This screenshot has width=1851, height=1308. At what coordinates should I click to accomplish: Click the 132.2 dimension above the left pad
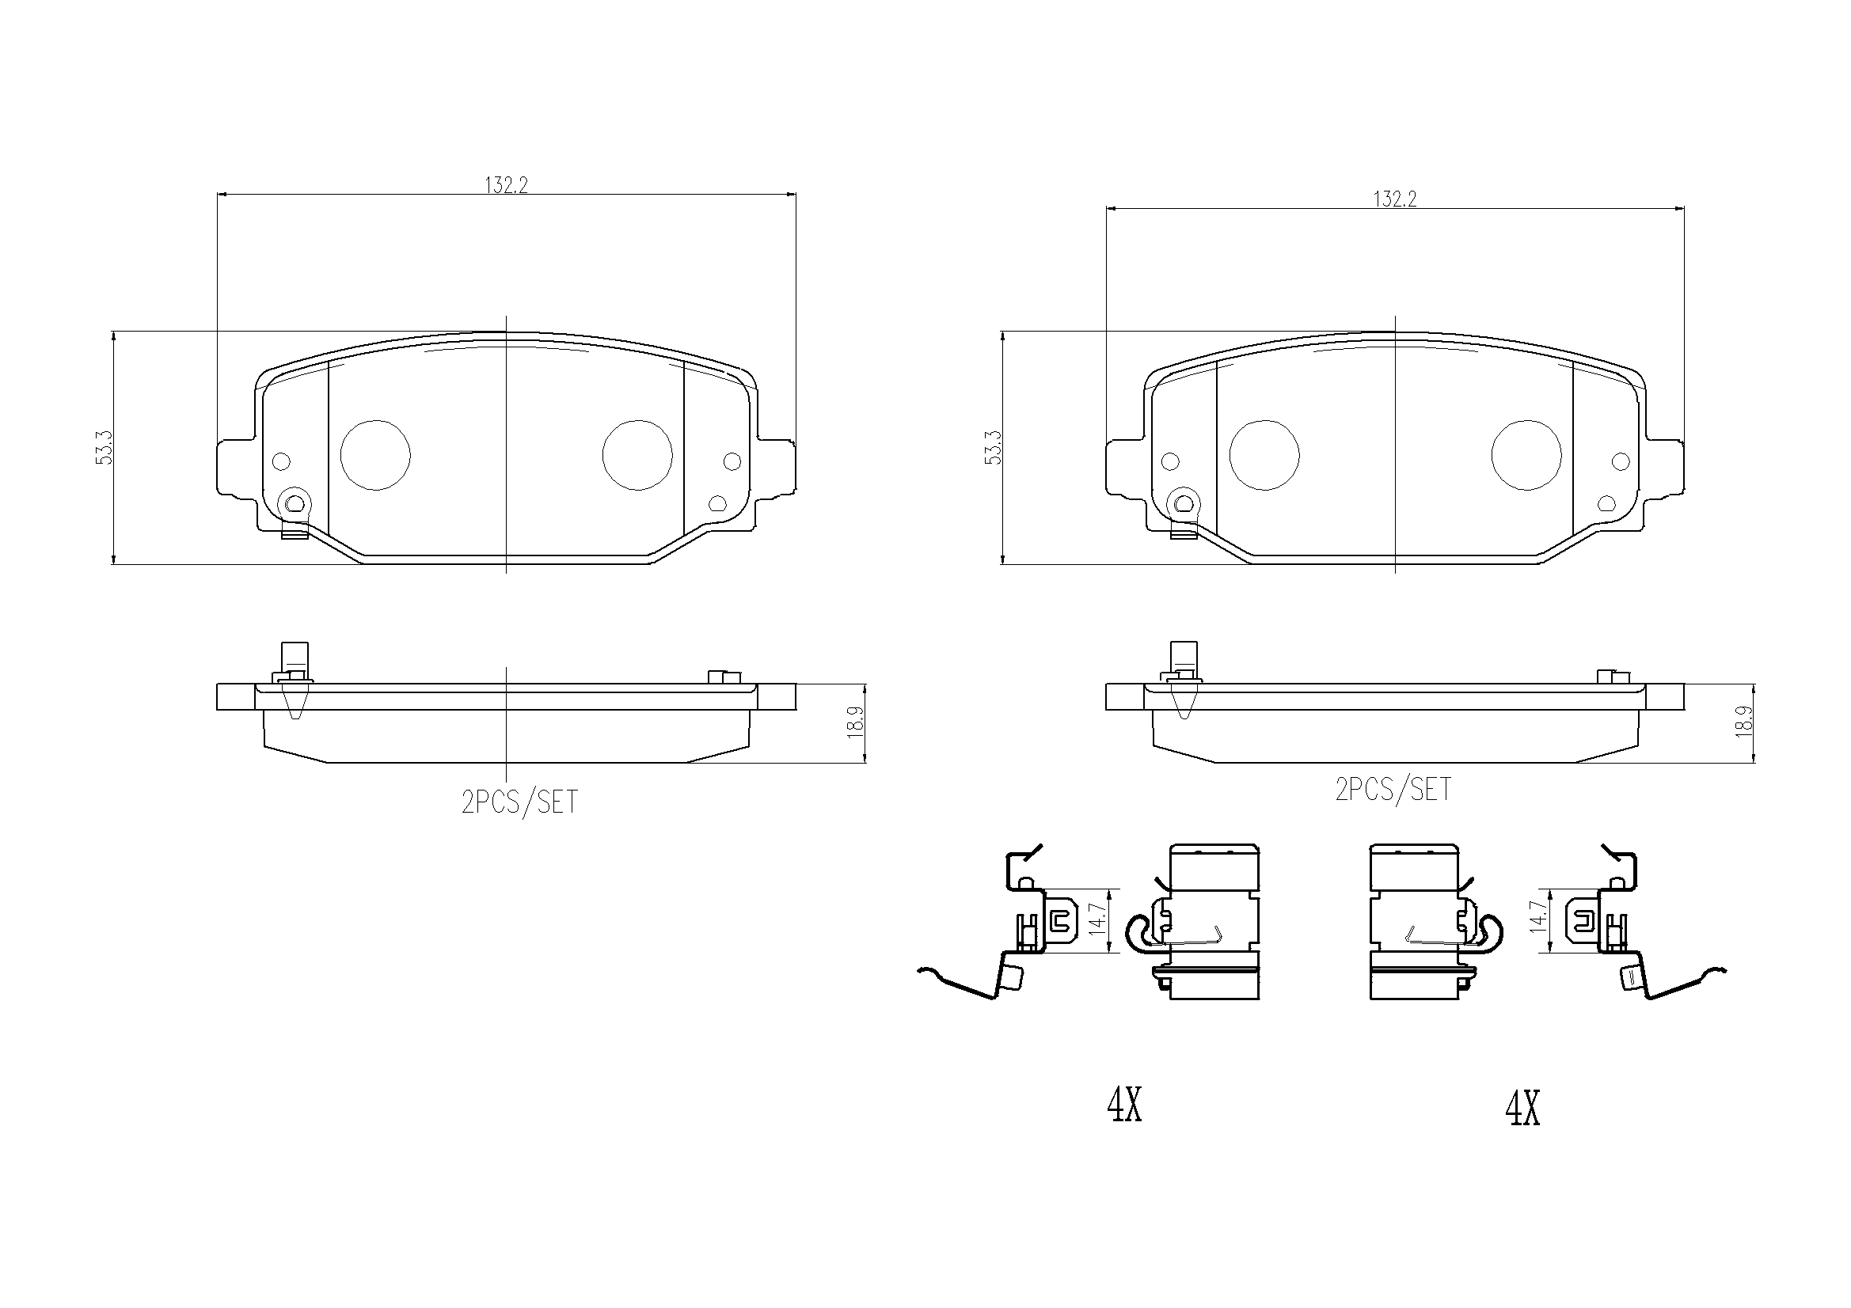tap(505, 185)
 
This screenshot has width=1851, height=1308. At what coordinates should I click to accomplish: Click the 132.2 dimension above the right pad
tap(1395, 199)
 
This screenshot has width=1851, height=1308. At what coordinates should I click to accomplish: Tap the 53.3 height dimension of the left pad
tap(104, 447)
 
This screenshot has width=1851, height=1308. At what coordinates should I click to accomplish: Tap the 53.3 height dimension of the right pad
tap(994, 447)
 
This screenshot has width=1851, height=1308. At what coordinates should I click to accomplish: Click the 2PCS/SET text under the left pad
tap(520, 802)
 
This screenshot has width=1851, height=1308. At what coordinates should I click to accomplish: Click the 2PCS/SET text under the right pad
tap(1393, 789)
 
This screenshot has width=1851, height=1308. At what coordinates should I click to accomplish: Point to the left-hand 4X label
tap(1125, 1105)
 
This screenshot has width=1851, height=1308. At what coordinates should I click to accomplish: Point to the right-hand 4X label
tap(1523, 1109)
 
